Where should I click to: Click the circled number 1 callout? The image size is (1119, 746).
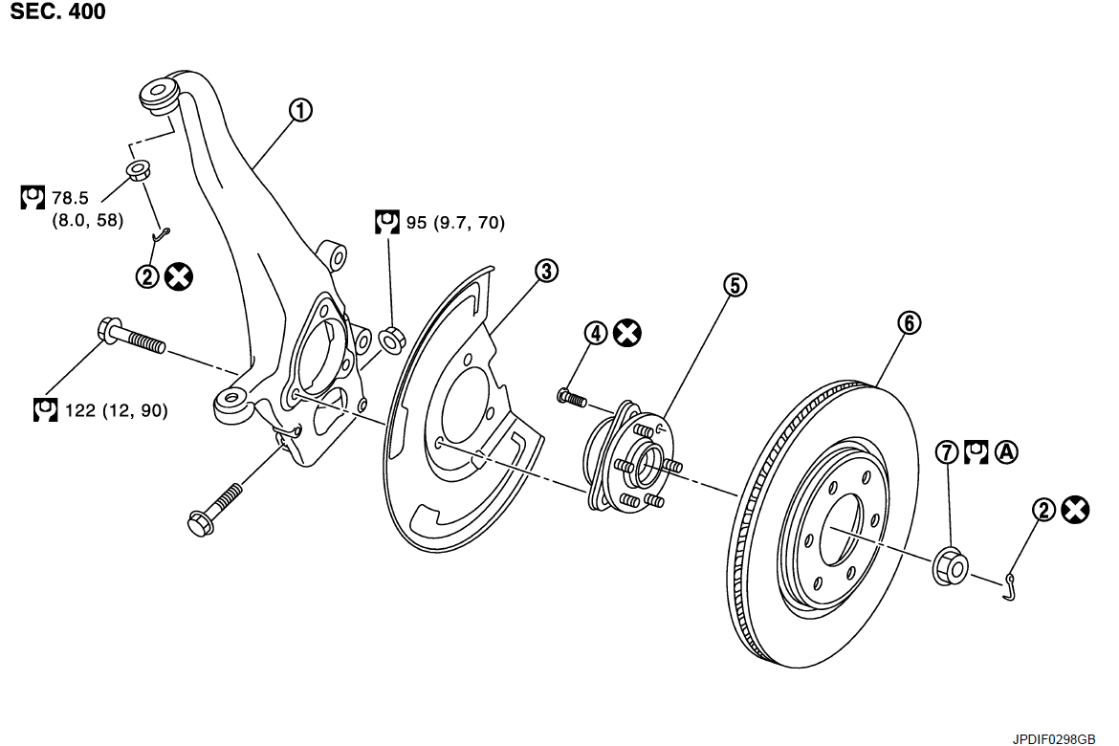(300, 111)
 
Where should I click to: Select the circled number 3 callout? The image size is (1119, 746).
(546, 271)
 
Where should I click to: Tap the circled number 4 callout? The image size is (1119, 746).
(596, 333)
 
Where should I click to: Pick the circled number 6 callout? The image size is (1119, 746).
(909, 322)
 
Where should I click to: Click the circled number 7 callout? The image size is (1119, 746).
(947, 451)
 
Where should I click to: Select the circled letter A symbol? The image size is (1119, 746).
(1006, 451)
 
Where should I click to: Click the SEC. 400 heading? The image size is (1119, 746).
(58, 12)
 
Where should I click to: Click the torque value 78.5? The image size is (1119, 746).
(69, 198)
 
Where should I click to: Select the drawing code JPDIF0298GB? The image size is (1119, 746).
(1054, 738)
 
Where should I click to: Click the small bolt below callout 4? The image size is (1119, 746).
(572, 396)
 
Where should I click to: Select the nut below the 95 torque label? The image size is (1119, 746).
(392, 338)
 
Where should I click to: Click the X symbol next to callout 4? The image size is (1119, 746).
(627, 333)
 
